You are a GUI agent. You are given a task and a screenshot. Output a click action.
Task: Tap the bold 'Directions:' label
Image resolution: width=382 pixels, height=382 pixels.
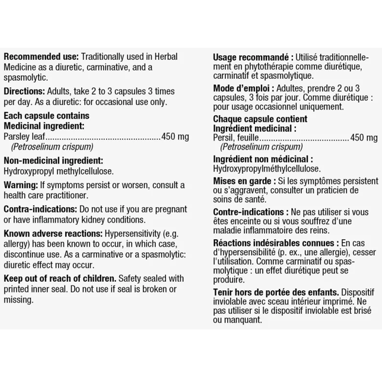pyautogui.click(x=25, y=91)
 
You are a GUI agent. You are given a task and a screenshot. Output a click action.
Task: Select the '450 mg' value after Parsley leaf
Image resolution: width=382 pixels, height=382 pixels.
pyautogui.click(x=175, y=137)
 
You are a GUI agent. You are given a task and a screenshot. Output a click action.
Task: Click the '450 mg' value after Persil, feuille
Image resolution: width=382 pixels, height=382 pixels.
pyautogui.click(x=364, y=138)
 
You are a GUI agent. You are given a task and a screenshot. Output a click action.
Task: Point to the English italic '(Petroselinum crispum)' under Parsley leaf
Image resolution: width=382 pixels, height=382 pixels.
pyautogui.click(x=52, y=147)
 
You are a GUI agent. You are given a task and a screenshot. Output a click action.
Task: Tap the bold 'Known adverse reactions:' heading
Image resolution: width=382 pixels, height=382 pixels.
pyautogui.click(x=53, y=234)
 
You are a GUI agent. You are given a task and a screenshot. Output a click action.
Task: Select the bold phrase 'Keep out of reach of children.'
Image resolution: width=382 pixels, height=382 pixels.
pyautogui.click(x=60, y=279)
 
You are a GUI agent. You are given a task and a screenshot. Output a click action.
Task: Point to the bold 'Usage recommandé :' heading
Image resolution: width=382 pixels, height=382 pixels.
pyautogui.click(x=253, y=58)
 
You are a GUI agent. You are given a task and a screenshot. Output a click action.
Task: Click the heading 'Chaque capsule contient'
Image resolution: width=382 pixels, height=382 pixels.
pyautogui.click(x=260, y=119)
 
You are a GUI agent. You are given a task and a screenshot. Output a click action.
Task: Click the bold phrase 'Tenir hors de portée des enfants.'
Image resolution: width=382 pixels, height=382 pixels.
pyautogui.click(x=276, y=292)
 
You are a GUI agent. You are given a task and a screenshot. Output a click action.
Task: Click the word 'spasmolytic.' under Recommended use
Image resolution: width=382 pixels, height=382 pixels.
pyautogui.click(x=26, y=78)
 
